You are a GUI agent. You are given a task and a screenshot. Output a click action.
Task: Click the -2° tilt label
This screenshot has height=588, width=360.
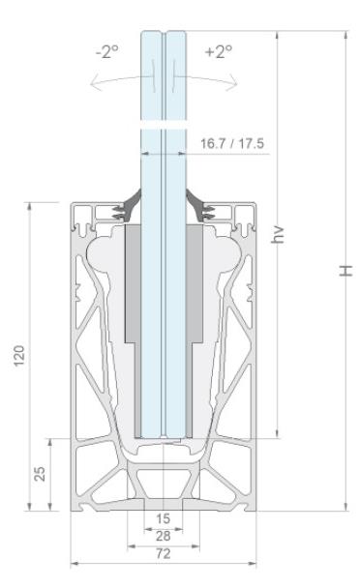click(107, 51)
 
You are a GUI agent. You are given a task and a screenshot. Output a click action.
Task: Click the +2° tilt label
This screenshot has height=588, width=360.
click(219, 51)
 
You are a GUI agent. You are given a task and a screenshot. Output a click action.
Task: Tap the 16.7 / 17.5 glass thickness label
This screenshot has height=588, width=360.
click(232, 143)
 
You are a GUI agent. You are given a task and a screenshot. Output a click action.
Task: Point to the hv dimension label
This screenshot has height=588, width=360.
click(278, 235)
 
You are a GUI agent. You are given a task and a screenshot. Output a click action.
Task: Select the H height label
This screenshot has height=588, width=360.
click(345, 271)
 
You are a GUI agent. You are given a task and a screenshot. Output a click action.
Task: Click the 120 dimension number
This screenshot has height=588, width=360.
click(18, 356)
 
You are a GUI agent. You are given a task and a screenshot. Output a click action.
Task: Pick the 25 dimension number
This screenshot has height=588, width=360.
click(40, 474)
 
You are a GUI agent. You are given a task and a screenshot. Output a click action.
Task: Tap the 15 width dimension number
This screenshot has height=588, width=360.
click(163, 518)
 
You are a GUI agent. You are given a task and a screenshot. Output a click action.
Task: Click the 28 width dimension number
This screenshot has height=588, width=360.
click(163, 536)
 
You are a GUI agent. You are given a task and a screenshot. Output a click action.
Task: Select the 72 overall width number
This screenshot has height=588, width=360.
click(163, 553)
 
